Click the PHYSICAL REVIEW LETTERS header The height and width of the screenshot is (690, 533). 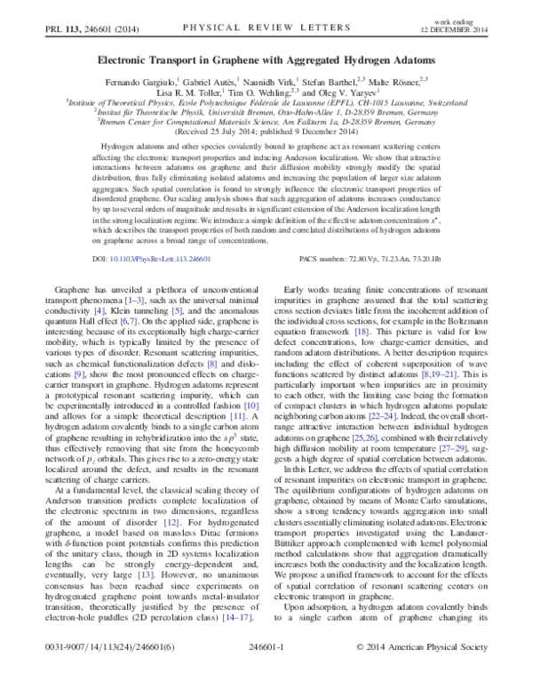(x=264, y=28)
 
